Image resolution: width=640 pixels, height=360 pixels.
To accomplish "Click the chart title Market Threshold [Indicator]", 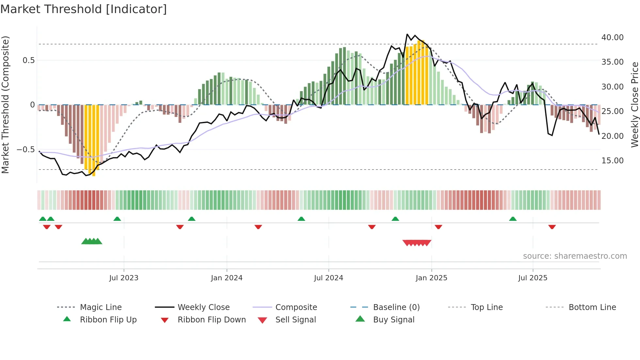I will coord(84,9).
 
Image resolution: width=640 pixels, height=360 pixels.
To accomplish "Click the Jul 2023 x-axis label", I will coord(124,278).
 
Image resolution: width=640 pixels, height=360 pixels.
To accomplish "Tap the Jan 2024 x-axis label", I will coord(227,278).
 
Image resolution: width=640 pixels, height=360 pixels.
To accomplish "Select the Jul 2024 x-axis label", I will coord(328,278).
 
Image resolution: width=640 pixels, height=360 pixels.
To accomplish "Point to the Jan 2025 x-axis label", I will coord(431,278).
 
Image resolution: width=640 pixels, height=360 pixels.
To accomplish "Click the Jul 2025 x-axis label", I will coord(533,278).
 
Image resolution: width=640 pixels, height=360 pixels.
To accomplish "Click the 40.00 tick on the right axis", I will coord(612,38).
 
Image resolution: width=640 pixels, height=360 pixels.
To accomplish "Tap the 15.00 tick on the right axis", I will coord(612,161).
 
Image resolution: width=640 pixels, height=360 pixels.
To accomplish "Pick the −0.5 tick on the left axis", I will coord(25,150).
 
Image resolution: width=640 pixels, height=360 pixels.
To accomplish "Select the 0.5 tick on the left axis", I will coord(28,60).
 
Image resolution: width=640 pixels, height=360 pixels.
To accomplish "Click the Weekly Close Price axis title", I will coord(634,105).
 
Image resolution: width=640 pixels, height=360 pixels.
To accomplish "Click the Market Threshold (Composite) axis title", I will coord(5,105).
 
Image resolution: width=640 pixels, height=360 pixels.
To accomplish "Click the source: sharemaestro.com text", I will coord(575,256).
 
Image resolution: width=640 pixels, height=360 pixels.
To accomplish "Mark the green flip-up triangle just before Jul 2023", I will coord(117,219).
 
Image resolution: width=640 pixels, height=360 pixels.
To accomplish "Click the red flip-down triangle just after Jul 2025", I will coord(552,227).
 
